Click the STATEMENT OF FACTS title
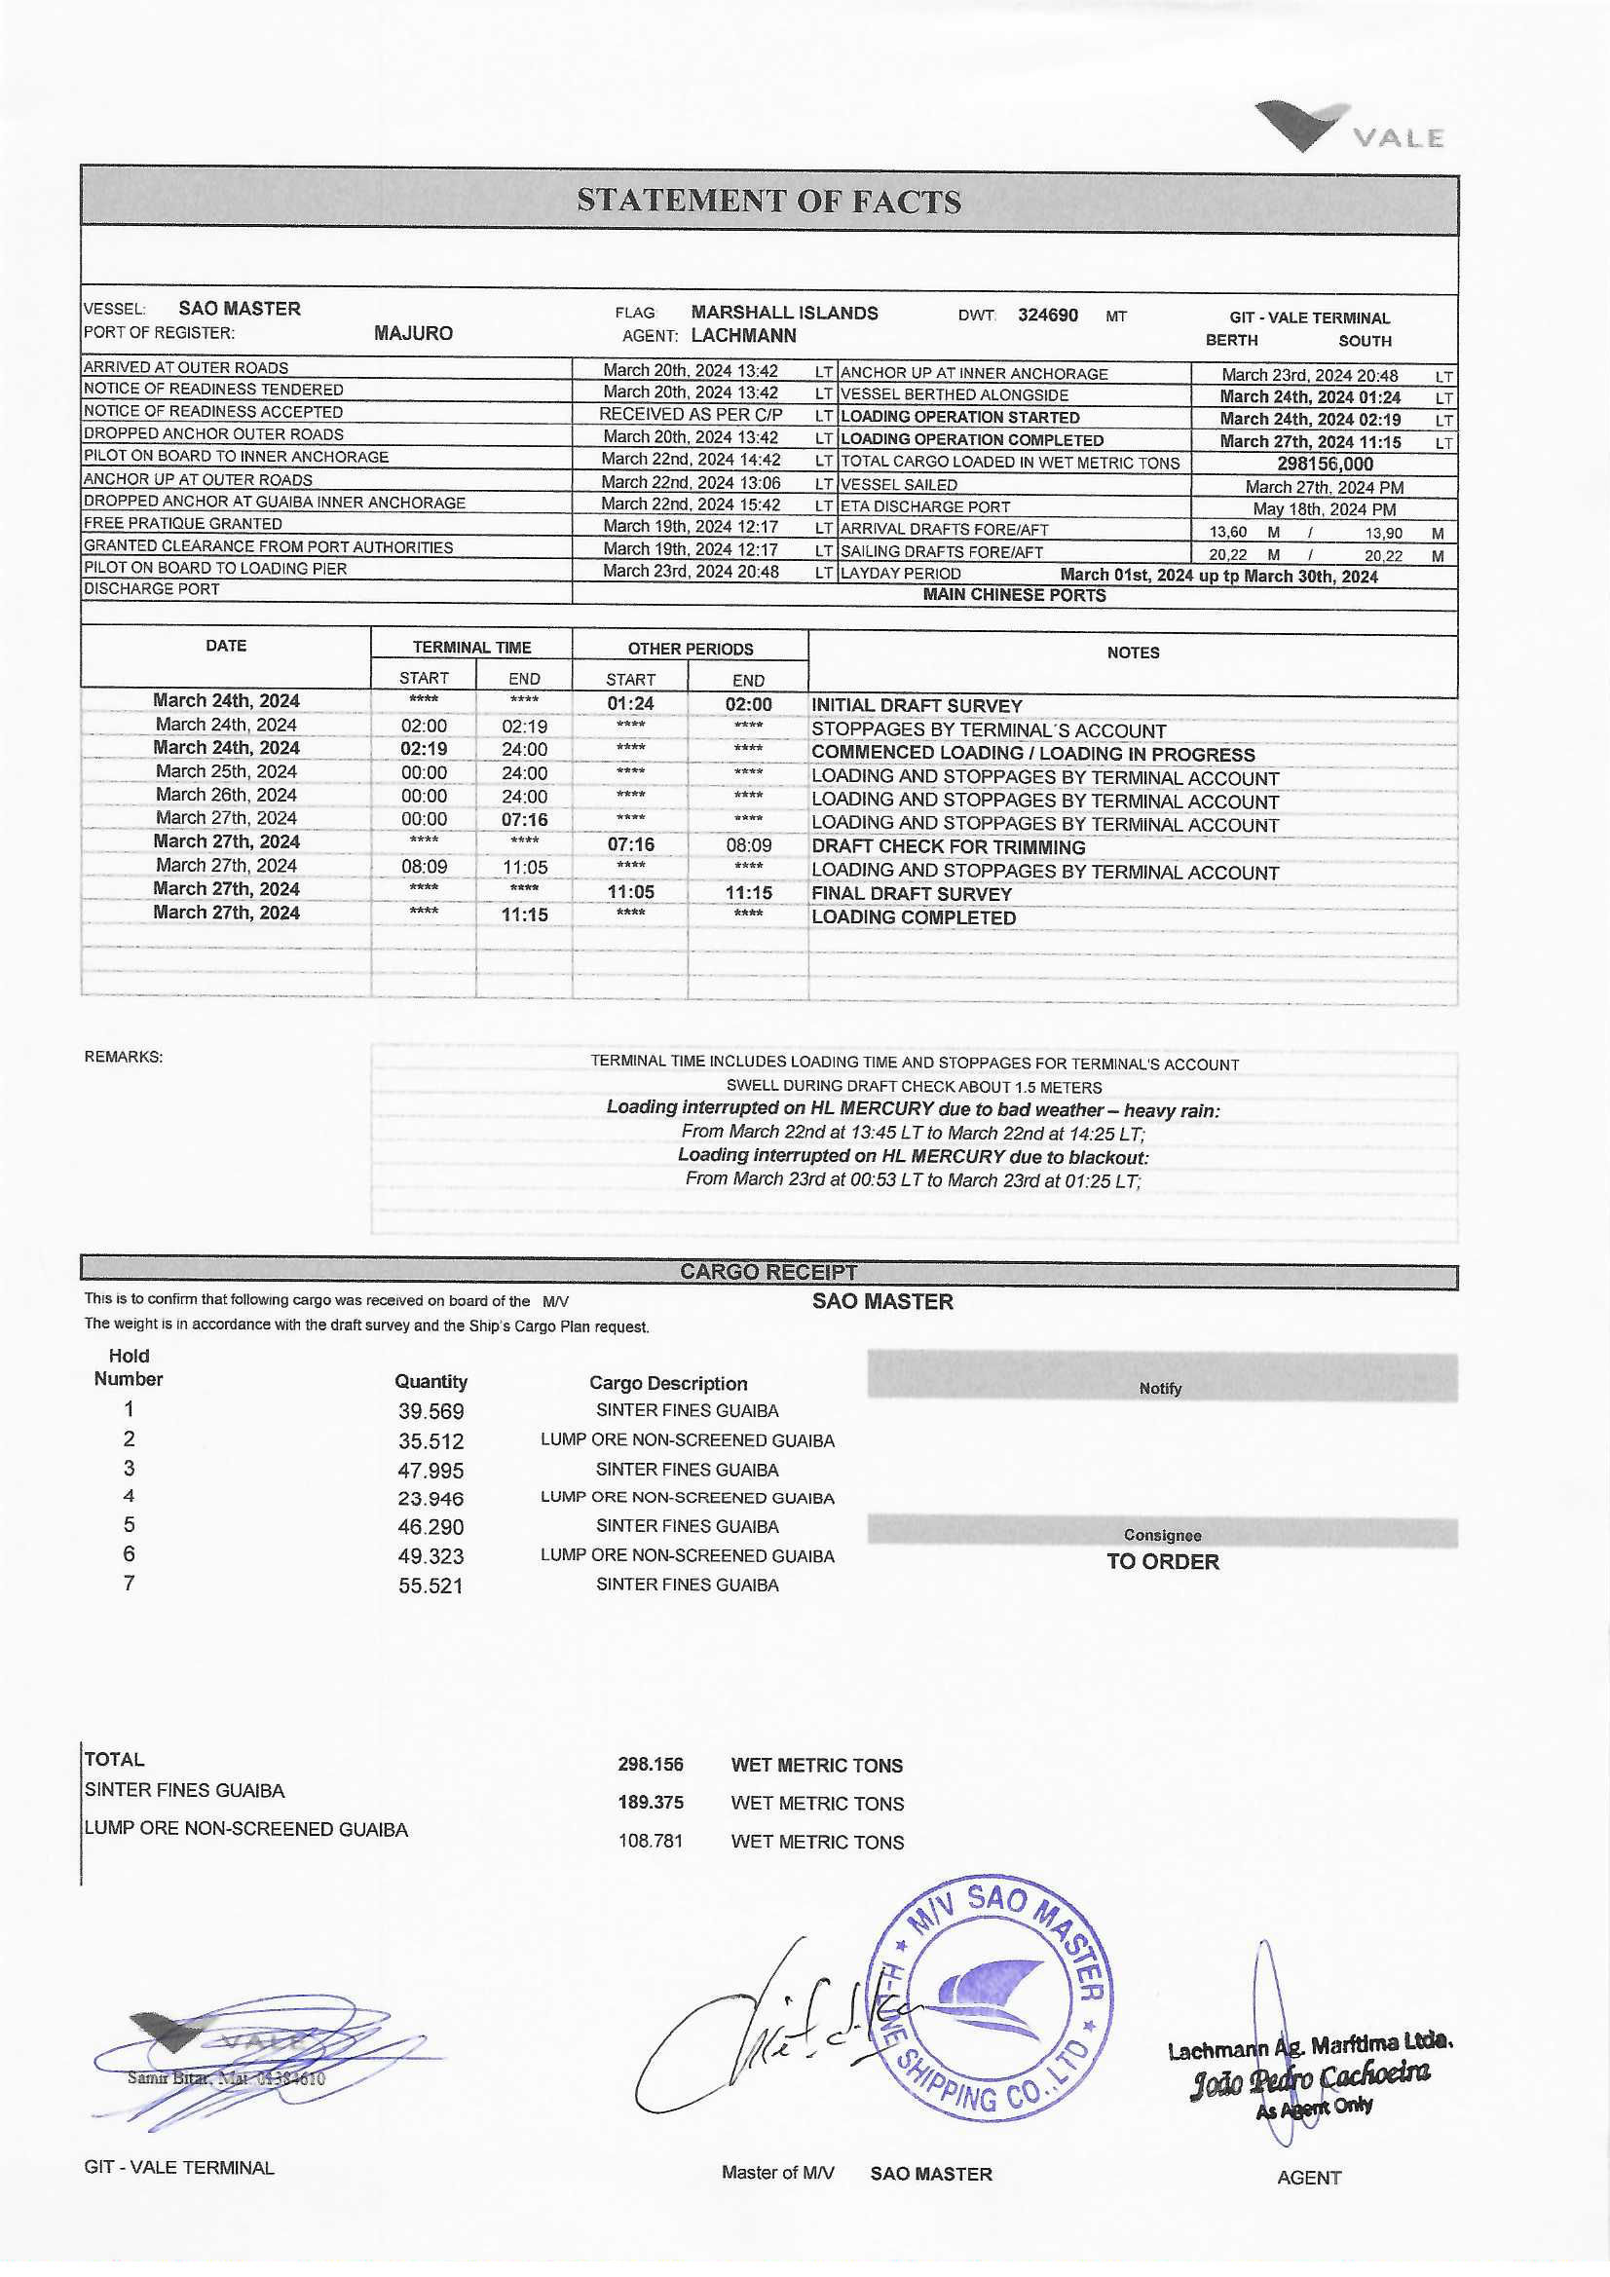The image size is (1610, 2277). [768, 202]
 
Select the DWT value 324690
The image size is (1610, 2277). [1048, 316]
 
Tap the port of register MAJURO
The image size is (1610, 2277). [413, 333]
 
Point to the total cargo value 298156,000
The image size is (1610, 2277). [1325, 465]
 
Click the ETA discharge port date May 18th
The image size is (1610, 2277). [1325, 508]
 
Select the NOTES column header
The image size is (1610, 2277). [1133, 653]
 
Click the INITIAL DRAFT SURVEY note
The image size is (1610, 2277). [917, 705]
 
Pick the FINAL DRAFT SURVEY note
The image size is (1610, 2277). [912, 893]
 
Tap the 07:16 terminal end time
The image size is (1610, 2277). [524, 819]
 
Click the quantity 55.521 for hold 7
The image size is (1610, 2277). [431, 1586]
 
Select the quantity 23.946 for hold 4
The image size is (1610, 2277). [431, 1499]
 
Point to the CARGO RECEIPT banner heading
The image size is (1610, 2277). [768, 1271]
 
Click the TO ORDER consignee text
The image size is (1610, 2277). [1163, 1562]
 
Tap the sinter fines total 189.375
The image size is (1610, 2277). [650, 1802]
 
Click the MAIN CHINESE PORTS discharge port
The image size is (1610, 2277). [1014, 595]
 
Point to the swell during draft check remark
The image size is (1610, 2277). [914, 1087]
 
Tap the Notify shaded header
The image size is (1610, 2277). [1161, 1389]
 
